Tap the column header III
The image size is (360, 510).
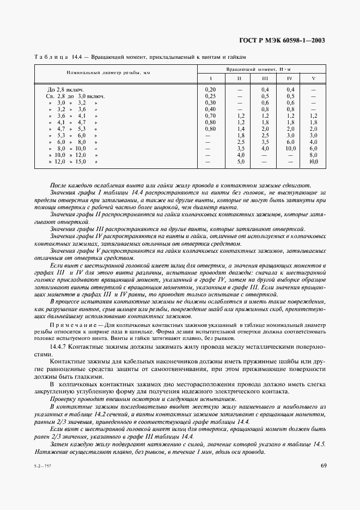pyautogui.click(x=265, y=78)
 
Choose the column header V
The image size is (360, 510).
pyautogui.click(x=313, y=78)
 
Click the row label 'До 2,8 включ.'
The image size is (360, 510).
pyautogui.click(x=65, y=89)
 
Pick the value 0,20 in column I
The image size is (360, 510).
pyautogui.click(x=210, y=89)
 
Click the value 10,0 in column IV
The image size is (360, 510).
pyautogui.click(x=290, y=148)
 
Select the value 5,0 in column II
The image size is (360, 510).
pyautogui.click(x=240, y=161)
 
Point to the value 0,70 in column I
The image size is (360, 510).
pyautogui.click(x=210, y=116)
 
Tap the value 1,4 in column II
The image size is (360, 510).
pyautogui.click(x=240, y=129)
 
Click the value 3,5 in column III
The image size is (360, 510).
pyautogui.click(x=265, y=142)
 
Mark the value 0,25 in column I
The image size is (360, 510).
pyautogui.click(x=210, y=96)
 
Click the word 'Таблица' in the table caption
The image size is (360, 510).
pyautogui.click(x=52, y=57)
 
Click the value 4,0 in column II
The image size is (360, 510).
pyautogui.click(x=240, y=155)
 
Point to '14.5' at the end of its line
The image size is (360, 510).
pyautogui.click(x=319, y=445)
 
